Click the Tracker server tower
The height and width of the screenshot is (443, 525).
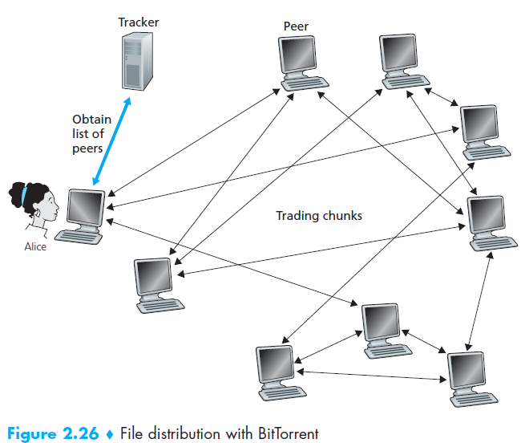coord(137,61)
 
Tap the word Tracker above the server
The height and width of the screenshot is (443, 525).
coord(139,22)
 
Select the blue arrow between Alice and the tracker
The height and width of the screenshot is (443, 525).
coord(111,141)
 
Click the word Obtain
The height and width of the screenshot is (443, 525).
coord(91,120)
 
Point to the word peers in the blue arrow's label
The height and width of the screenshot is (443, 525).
coord(87,148)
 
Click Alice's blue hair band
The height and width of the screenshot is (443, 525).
coord(24,196)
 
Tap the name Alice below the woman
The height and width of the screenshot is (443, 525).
coord(35,247)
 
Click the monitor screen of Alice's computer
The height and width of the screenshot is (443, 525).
coord(85,207)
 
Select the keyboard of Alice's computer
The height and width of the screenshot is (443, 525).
coord(79,237)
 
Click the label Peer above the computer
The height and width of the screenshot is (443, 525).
coord(296,26)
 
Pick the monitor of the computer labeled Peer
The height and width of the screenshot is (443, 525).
coord(297,55)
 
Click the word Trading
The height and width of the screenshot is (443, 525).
coord(296,216)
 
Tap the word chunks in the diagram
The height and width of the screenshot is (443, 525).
coord(341,216)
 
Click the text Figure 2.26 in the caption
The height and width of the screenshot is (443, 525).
coord(53,433)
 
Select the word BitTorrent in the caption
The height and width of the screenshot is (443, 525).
coord(289,433)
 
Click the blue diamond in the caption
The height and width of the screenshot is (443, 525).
coord(110,434)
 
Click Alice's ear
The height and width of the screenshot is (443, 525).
coord(38,213)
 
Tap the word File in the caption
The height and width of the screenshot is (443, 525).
coord(132,433)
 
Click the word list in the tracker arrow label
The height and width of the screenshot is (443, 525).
coord(80,134)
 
